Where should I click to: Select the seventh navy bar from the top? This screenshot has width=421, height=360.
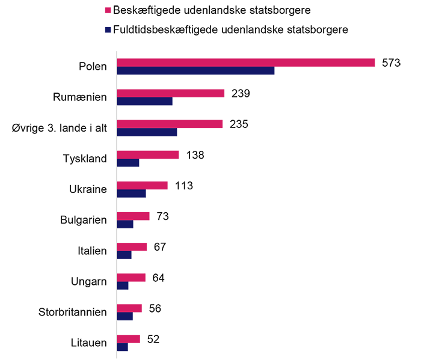[x=127, y=258]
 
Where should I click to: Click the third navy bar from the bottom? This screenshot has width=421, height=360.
[x=126, y=288]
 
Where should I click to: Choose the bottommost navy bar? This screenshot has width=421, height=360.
[x=124, y=349]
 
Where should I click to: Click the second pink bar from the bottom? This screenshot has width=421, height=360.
[x=132, y=304]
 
